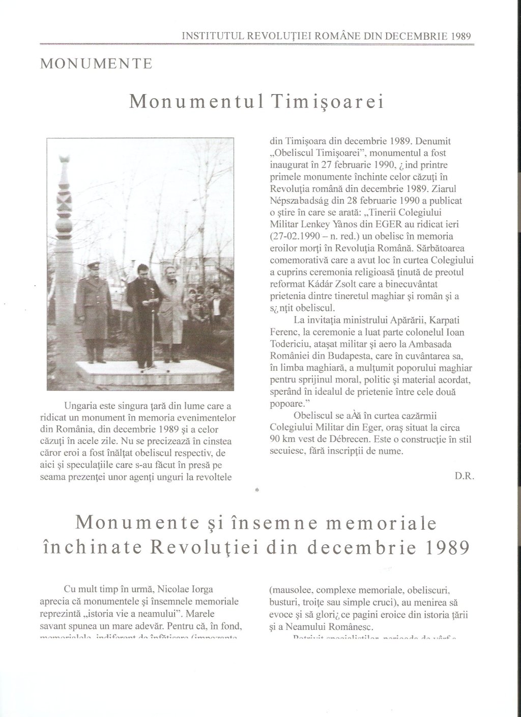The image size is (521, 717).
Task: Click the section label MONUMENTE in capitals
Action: [x=96, y=64]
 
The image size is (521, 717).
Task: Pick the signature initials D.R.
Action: [x=464, y=476]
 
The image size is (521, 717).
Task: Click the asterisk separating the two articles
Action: [x=257, y=490]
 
